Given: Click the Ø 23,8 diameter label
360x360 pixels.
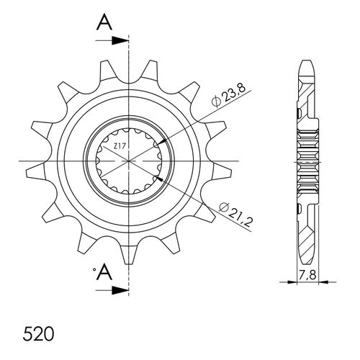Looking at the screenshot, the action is (228, 95).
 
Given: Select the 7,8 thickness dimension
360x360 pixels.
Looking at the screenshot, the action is (307, 275).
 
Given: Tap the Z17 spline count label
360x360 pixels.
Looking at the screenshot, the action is (120, 145).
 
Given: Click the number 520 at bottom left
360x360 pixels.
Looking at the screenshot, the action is (38, 334).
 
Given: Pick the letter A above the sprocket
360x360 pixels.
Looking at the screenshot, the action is (104, 22).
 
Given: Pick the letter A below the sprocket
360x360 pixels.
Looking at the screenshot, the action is (104, 272).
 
